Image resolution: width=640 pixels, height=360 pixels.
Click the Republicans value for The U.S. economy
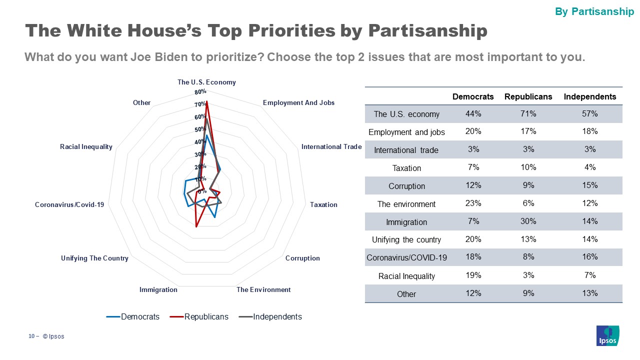tap(528, 114)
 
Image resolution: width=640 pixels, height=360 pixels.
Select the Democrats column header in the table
tap(473, 96)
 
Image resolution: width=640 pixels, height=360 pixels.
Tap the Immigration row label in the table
tap(406, 222)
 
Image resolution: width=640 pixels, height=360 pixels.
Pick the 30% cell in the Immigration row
tap(528, 221)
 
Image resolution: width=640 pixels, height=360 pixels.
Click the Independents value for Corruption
tap(590, 185)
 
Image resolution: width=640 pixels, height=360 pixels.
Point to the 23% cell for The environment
tap(473, 203)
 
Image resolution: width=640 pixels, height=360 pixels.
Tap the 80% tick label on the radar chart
tap(200, 92)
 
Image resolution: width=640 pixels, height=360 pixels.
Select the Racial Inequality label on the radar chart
tap(86, 146)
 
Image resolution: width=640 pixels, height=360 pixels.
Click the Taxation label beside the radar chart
tap(323, 204)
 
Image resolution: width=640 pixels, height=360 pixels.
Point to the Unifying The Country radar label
tap(94, 258)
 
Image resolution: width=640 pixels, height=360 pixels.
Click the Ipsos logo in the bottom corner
tap(608, 335)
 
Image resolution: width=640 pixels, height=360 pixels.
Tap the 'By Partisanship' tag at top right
tap(594, 11)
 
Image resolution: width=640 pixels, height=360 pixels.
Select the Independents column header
tap(590, 96)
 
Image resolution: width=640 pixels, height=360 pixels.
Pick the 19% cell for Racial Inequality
tap(473, 275)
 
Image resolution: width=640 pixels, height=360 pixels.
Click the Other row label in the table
tap(406, 294)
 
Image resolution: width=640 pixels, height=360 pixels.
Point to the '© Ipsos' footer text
tap(53, 336)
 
